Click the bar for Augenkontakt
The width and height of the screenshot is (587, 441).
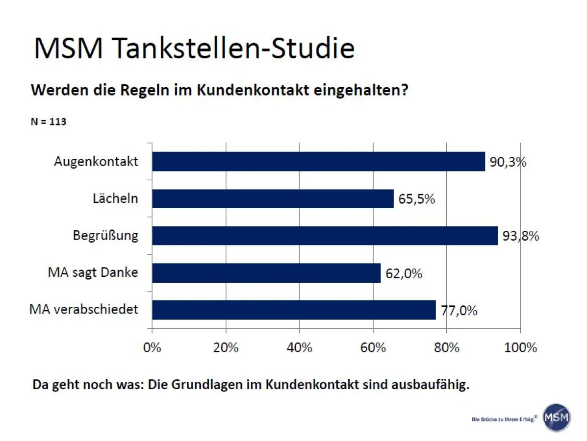[318, 161]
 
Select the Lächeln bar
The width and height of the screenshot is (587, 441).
[273, 198]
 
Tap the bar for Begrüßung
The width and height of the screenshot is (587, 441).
[325, 236]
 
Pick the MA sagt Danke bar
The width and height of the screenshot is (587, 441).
[266, 273]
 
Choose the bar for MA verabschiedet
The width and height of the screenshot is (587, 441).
[294, 310]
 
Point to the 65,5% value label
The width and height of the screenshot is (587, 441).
[416, 199]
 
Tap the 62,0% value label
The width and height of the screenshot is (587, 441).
[404, 273]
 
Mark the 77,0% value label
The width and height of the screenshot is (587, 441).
[459, 311]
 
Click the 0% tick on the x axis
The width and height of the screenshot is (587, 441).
[152, 348]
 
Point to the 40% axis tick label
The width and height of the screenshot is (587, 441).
[299, 348]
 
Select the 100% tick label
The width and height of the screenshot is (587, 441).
[520, 348]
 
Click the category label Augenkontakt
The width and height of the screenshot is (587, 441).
[96, 162]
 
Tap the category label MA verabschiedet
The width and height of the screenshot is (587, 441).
[84, 310]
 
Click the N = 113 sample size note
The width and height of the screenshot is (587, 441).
[49, 122]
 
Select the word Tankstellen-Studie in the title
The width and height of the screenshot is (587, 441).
[233, 48]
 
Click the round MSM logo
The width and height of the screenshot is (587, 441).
[557, 417]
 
